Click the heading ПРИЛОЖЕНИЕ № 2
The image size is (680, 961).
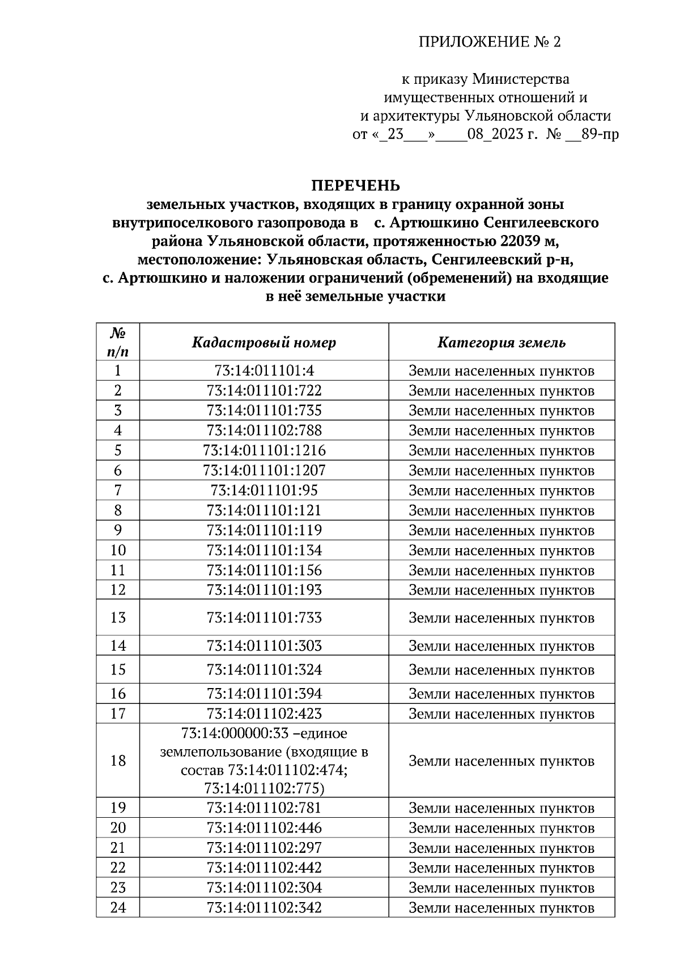click(x=489, y=42)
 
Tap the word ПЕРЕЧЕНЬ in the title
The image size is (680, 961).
click(x=355, y=186)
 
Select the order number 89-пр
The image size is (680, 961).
click(x=600, y=135)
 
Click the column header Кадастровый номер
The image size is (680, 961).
click(x=264, y=343)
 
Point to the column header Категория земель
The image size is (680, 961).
click(x=501, y=343)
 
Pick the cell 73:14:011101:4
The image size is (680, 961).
click(x=264, y=371)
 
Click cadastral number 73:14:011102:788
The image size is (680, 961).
click(x=264, y=430)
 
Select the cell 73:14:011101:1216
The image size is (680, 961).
click(x=264, y=451)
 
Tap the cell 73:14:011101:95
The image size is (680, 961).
click(x=264, y=490)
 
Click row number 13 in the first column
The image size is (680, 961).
click(x=118, y=617)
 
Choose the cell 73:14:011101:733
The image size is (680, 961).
click(x=264, y=617)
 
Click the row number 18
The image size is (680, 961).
click(x=118, y=761)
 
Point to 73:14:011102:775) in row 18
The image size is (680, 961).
click(x=264, y=788)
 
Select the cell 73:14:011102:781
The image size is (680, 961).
click(x=264, y=808)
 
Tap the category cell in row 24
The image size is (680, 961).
click(x=501, y=908)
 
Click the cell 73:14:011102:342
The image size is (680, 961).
click(x=264, y=908)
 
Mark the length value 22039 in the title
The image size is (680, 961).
click(x=521, y=241)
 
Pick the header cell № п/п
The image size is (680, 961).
click(x=118, y=342)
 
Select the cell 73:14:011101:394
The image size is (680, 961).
click(x=264, y=694)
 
